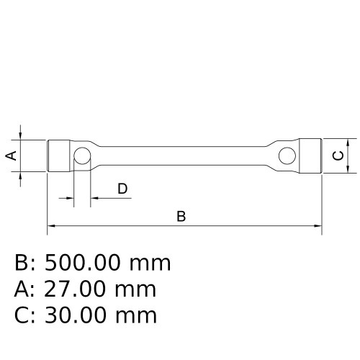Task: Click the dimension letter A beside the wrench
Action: click(x=11, y=156)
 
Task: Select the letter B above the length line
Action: click(x=181, y=216)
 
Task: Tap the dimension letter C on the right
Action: click(x=337, y=156)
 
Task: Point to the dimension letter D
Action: click(x=122, y=189)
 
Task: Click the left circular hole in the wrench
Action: click(x=82, y=156)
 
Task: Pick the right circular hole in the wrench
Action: click(x=287, y=155)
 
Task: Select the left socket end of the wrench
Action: click(x=59, y=156)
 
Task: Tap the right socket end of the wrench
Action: click(x=310, y=156)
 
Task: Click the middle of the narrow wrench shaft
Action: click(x=184, y=156)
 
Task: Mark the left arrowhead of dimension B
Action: click(x=51, y=227)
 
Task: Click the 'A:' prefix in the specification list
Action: click(x=25, y=289)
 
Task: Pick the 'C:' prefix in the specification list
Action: click(x=25, y=315)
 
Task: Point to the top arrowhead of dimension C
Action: click(x=348, y=142)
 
